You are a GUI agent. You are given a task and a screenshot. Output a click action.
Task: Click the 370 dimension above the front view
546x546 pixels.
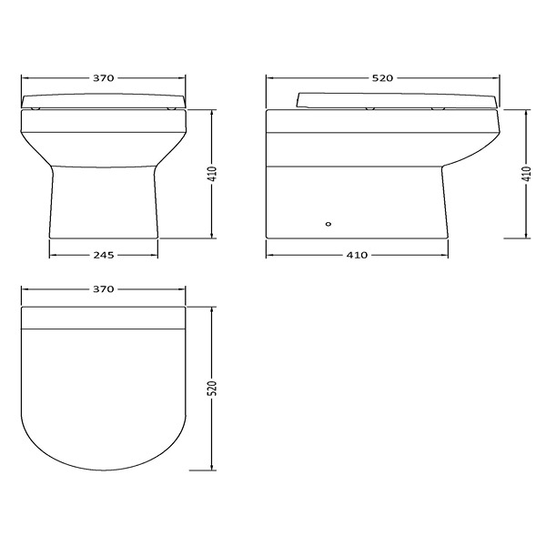tap(103, 79)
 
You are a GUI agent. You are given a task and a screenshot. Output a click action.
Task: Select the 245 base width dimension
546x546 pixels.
tap(103, 255)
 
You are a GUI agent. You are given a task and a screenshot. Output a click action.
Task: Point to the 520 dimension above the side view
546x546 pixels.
tap(382, 79)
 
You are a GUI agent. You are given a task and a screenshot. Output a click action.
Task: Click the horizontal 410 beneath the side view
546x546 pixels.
tap(357, 255)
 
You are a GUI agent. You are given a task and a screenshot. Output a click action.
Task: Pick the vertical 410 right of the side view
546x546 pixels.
tap(526, 174)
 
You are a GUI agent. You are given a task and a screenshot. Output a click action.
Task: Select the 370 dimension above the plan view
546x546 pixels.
tap(103, 289)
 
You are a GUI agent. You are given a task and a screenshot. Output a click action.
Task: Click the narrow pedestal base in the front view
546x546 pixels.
tap(103, 205)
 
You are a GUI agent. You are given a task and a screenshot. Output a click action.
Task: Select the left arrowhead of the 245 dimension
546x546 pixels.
tap(52, 255)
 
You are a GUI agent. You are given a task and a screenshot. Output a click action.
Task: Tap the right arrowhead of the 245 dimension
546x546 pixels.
tap(155, 255)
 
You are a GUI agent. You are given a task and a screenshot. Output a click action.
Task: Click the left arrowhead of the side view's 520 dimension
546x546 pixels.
tap(268, 79)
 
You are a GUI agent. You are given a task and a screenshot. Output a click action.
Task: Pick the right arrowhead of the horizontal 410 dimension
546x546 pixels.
tap(445, 255)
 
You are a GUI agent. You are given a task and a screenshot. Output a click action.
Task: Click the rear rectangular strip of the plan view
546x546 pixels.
tap(103, 315)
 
